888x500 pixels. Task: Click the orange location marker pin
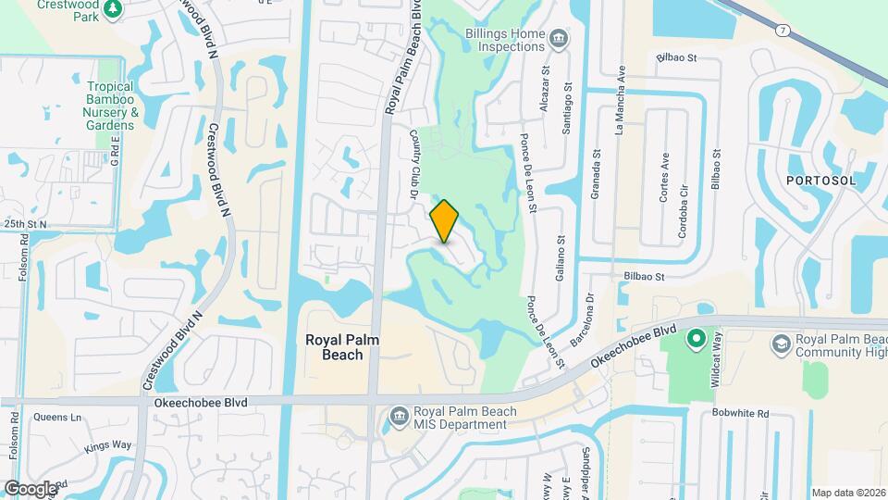(445, 221)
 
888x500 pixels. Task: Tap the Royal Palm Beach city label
(342, 347)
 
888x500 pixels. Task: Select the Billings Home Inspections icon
(558, 38)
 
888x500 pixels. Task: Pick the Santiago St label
(567, 111)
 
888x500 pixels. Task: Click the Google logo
(31, 488)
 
